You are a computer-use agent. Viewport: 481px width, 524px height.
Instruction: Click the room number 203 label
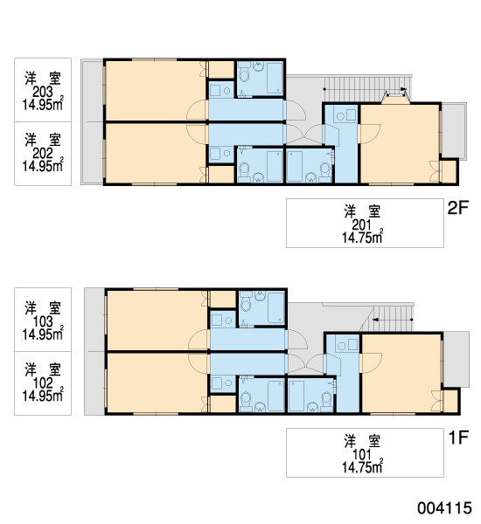[43, 92]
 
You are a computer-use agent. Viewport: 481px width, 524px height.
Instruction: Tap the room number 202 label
[43, 154]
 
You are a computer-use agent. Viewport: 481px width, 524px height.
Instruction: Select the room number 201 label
[361, 225]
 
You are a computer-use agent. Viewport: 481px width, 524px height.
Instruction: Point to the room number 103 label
[43, 321]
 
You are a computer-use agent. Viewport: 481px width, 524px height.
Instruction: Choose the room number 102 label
[43, 383]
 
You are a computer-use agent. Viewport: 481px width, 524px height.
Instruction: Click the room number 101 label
[362, 455]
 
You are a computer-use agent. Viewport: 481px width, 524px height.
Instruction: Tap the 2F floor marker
[458, 208]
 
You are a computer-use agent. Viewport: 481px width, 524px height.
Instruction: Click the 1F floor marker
[458, 438]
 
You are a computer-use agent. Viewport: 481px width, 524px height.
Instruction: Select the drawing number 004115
[444, 508]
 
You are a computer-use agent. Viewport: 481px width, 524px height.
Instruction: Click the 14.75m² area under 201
[362, 237]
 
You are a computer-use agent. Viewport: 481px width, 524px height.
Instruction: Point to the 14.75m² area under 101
[362, 466]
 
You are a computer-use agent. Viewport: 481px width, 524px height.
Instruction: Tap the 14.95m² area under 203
[43, 104]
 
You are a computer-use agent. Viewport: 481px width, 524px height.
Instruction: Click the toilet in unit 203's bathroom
[245, 74]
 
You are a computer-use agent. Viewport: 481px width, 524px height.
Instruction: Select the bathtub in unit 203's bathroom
[275, 79]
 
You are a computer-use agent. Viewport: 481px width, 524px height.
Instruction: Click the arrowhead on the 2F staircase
[404, 89]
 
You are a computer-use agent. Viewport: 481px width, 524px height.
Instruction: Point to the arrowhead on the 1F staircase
[375, 320]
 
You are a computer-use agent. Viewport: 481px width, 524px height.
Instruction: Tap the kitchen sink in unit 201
[351, 115]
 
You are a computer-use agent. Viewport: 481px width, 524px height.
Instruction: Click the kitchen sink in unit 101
[352, 345]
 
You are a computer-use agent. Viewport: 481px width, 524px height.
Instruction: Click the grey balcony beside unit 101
[456, 359]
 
